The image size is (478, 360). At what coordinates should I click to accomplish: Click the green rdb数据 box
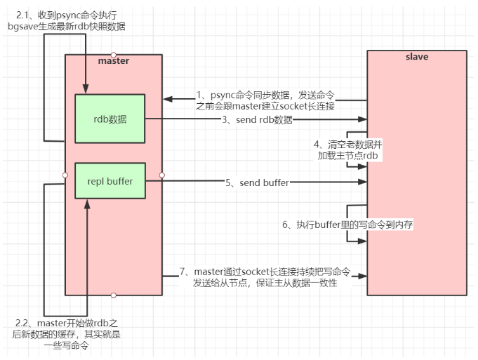pos(109,119)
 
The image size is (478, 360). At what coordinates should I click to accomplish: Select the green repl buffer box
pos(109,182)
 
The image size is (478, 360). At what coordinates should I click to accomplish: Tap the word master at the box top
pos(114,61)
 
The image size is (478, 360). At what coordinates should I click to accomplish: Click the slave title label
pos(417,56)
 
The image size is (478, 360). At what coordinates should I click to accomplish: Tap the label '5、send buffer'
pos(257,182)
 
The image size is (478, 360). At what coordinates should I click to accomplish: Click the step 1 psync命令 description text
pos(265,100)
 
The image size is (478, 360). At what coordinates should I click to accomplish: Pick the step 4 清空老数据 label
pos(348,149)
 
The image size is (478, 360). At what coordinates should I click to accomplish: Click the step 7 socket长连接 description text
pos(265,276)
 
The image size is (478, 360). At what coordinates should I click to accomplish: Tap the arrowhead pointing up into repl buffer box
pos(86,204)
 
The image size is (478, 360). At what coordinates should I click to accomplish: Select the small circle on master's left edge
pos(65,175)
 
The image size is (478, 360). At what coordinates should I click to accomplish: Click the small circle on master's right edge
pos(162,175)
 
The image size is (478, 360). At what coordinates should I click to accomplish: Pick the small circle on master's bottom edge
pos(114,295)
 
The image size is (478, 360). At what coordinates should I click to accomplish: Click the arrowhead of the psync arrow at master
pos(166,100)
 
